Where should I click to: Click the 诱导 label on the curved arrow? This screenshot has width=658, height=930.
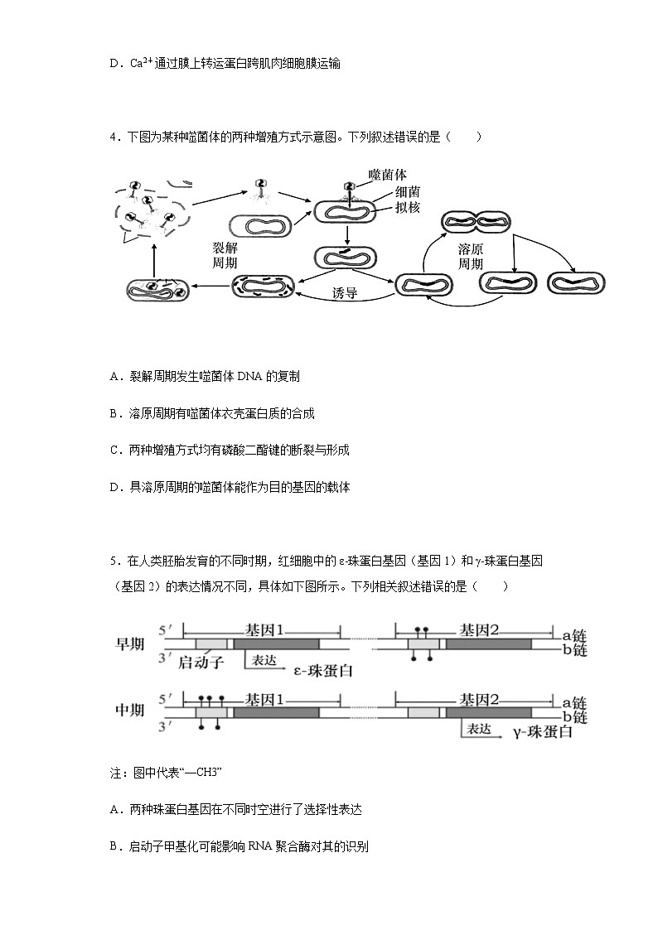(x=344, y=293)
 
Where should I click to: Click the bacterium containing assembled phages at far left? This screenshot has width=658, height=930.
(x=158, y=289)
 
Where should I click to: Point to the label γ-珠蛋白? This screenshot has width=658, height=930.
(x=542, y=732)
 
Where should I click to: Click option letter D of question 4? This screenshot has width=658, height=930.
(x=114, y=488)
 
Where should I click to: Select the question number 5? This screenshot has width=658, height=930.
(x=113, y=561)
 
